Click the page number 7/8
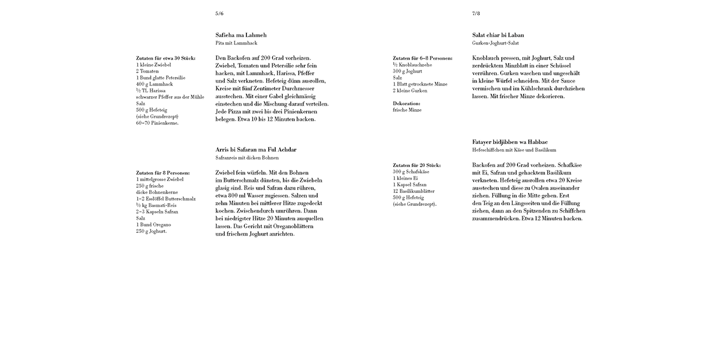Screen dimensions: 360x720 point(476,13)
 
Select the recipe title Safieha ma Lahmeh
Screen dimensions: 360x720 point(241,35)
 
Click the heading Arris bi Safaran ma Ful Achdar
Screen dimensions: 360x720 point(256,150)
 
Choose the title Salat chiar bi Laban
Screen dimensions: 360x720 point(498,35)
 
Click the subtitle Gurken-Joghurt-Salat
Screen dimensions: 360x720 point(496,43)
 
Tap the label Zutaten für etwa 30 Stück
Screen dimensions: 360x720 point(166,58)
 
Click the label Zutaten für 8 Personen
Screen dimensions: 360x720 point(163,173)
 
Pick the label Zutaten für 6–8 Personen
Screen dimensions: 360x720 point(422,58)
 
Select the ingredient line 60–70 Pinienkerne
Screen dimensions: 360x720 point(157,123)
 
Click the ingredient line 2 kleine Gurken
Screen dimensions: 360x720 point(410,91)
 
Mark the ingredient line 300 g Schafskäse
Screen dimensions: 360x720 point(411,172)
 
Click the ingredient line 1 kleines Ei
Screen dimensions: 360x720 point(406,178)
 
